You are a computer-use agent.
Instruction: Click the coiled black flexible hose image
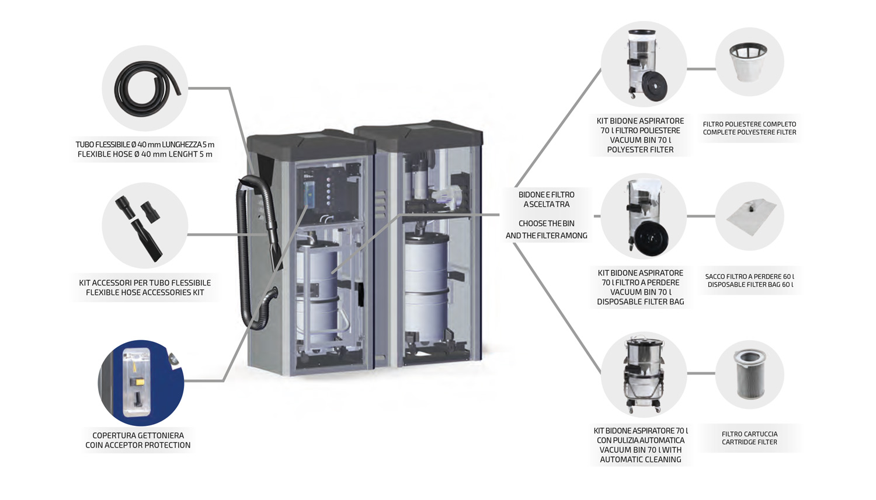tap(145, 88)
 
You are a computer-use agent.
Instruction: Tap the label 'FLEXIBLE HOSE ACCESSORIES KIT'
tap(145, 292)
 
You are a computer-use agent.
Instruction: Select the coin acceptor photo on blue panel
tap(141, 383)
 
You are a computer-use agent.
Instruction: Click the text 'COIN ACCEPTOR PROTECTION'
tap(138, 445)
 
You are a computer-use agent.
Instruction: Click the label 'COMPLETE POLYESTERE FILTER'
tap(749, 132)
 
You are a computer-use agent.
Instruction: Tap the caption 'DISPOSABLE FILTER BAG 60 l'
tap(750, 285)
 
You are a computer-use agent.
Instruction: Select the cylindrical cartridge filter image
tap(750, 374)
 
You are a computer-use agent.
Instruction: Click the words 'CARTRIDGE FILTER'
tap(749, 442)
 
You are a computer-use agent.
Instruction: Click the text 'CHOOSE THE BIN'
tap(546, 223)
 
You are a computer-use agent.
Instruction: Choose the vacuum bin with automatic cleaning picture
tap(643, 374)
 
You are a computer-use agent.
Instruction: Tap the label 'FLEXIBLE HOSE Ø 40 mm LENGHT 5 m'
tap(145, 155)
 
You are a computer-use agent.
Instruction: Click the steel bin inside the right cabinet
tap(426, 286)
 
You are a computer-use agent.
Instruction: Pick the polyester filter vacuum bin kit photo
tap(644, 64)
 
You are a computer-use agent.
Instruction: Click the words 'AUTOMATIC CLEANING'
tap(640, 460)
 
